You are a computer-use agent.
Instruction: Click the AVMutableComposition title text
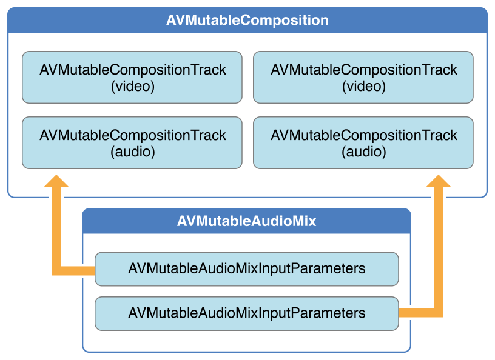[x=247, y=20]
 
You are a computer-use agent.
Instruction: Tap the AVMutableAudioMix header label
[x=246, y=221]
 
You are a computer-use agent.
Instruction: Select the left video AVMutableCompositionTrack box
[x=132, y=78]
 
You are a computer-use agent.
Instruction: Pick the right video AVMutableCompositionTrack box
[x=363, y=78]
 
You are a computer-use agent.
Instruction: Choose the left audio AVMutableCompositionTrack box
[x=132, y=143]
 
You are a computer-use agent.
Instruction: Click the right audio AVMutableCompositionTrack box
[x=363, y=143]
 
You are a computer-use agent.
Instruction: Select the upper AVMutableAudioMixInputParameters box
[x=247, y=269]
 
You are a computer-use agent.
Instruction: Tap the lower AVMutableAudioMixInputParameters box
[x=247, y=313]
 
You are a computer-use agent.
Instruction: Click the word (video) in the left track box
[x=133, y=87]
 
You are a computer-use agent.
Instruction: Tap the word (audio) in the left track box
[x=133, y=152]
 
